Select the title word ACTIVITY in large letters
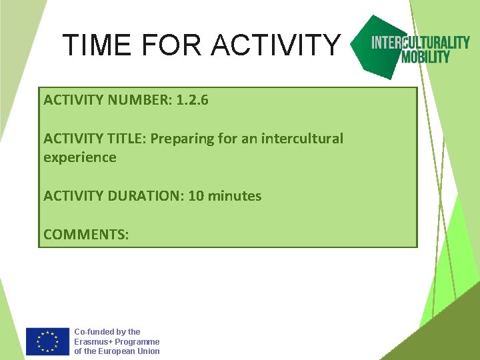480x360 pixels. coord(276,45)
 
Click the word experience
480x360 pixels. coord(80,158)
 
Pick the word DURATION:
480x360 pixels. coord(142,196)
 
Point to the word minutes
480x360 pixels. coord(235,196)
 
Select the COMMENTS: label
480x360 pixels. coord(86,234)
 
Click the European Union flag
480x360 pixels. coord(47,341)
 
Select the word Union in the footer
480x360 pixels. coord(148,351)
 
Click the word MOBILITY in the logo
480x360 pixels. coord(425,57)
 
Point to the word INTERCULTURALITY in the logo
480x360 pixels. coord(420,43)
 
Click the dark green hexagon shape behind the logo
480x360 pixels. coord(380,63)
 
